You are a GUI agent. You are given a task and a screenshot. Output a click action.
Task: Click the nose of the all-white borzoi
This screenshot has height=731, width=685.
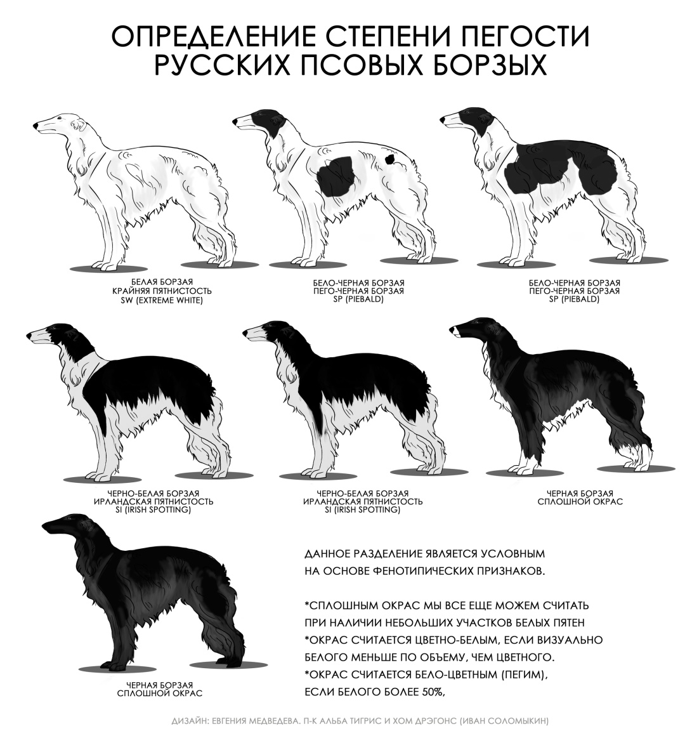coord(36,126)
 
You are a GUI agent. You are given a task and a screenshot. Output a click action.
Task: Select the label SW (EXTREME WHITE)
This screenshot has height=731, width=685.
coord(162,300)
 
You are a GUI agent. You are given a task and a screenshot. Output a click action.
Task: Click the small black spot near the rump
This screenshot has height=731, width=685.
coord(389,159)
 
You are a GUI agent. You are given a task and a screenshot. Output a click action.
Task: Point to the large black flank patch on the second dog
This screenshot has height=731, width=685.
coord(336,176)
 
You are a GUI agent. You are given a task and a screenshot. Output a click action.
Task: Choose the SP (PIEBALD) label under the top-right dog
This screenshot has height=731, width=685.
coord(574,300)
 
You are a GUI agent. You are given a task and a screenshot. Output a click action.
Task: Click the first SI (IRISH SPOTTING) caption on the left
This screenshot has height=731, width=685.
coord(153,510)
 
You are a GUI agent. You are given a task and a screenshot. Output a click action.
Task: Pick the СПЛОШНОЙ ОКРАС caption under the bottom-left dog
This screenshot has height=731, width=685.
coord(160,693)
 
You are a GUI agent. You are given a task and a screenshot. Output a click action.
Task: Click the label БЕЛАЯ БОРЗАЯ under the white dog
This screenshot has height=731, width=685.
coord(162,282)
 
